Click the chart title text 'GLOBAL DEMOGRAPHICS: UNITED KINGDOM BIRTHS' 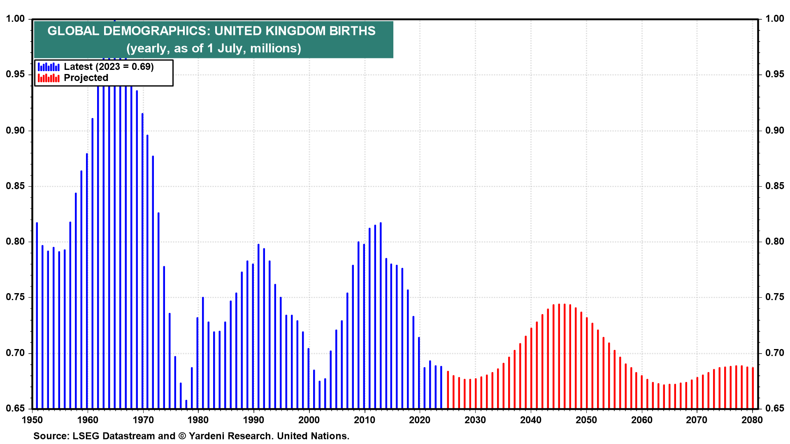[x=211, y=31]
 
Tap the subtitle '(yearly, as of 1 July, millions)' [x=214, y=49]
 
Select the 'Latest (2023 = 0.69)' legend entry [x=109, y=67]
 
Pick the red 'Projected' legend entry [x=86, y=78]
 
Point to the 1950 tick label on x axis [x=32, y=420]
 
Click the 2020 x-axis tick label [x=420, y=420]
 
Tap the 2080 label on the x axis [x=752, y=420]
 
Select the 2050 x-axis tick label [x=586, y=420]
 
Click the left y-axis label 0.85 [x=15, y=186]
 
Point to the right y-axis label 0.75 [x=774, y=297]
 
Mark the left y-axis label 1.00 [x=15, y=19]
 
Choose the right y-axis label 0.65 [x=774, y=409]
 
